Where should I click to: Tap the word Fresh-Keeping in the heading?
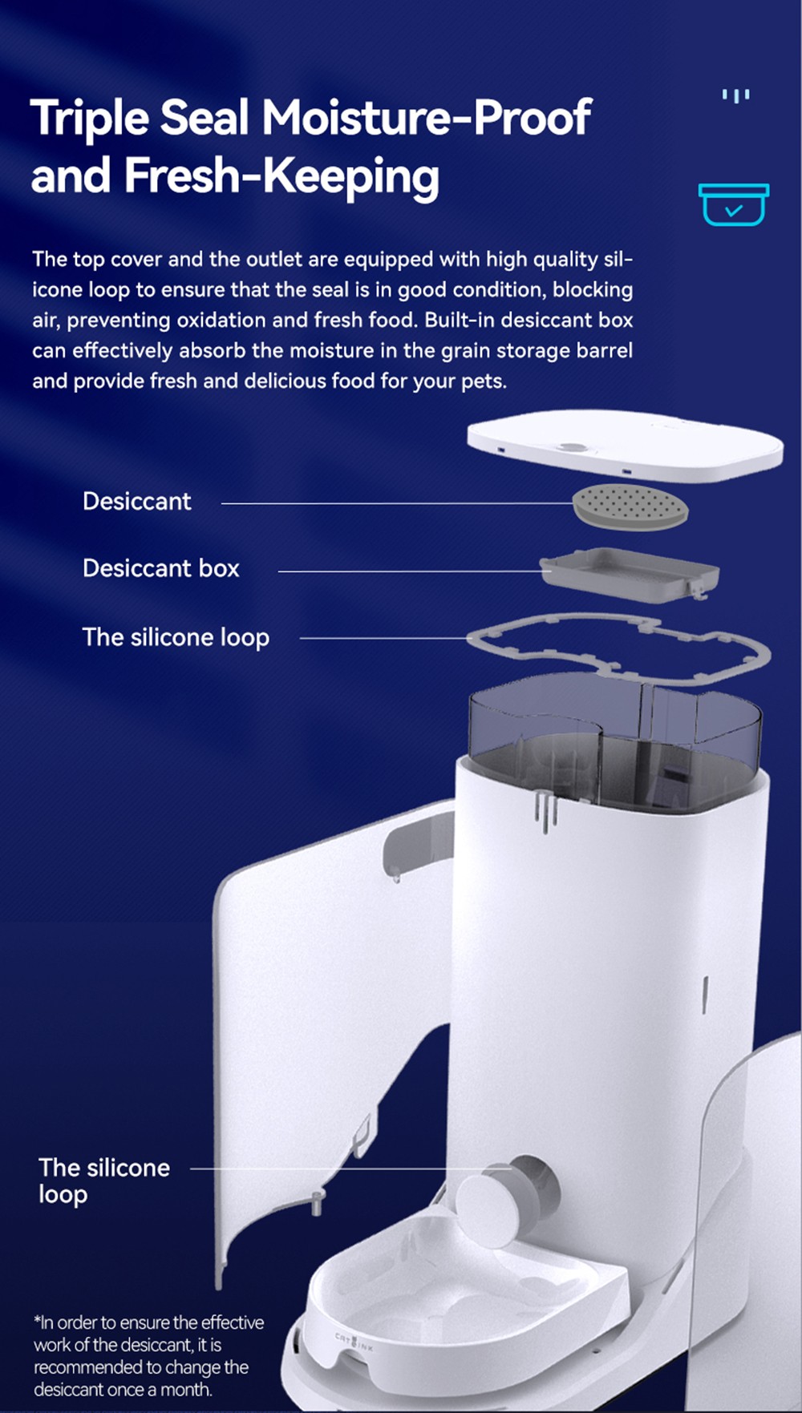coord(282,176)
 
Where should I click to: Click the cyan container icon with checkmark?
coord(733,204)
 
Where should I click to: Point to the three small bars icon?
coord(735,96)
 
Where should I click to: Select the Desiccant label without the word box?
coord(137,502)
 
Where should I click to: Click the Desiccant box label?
coord(161,568)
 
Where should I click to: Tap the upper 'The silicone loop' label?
coord(176,637)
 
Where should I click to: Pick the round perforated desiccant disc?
coord(630,507)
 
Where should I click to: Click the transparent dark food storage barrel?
coord(614,741)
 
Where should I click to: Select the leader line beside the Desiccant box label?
coord(409,571)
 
